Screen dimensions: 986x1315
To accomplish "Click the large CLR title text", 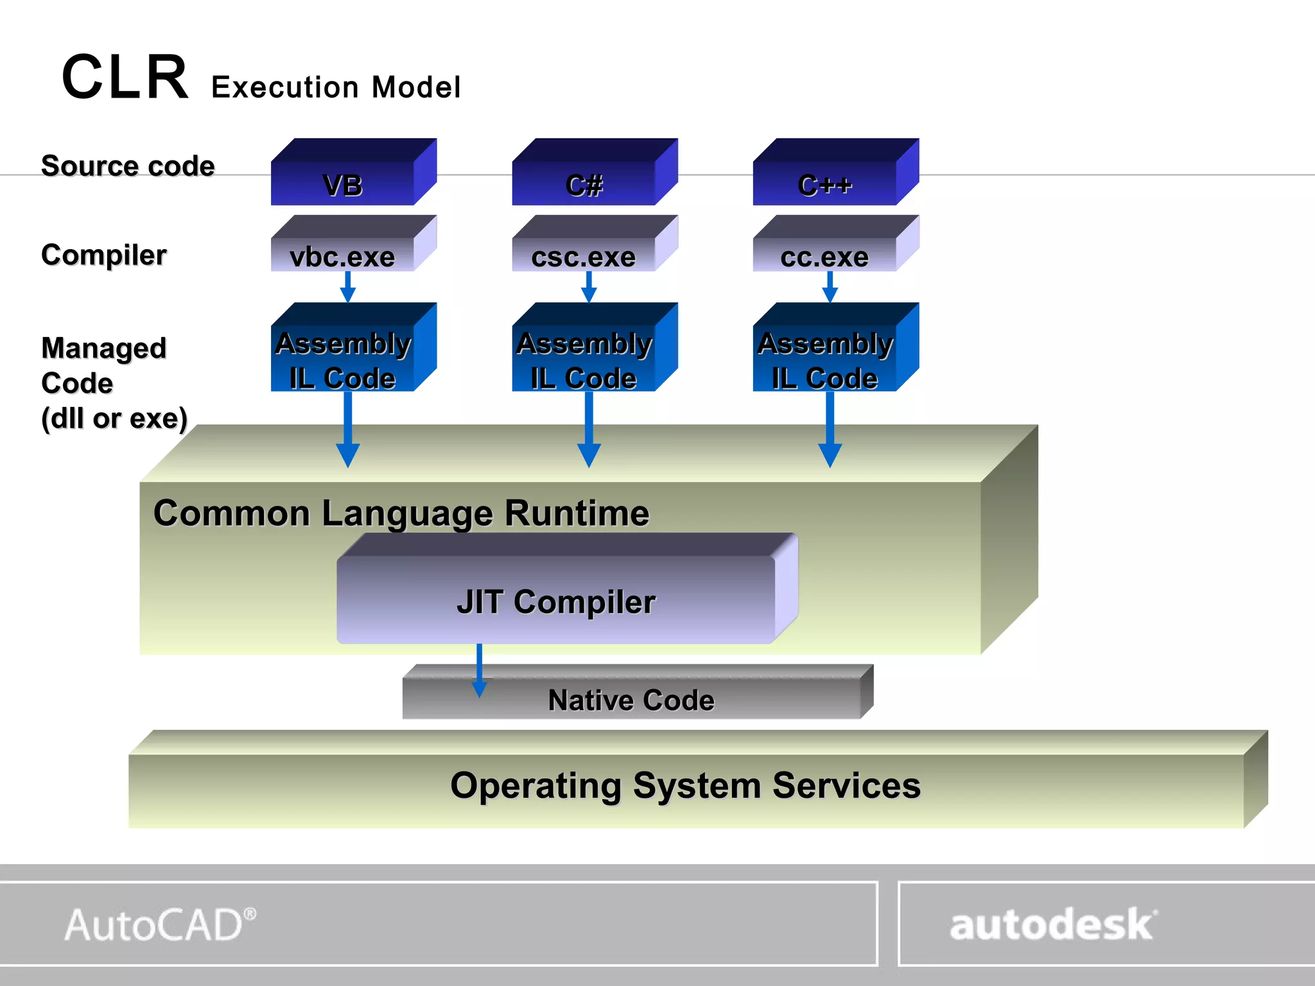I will tap(125, 78).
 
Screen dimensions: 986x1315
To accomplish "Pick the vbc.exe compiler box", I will tap(343, 255).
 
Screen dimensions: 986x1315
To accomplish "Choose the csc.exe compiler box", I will tap(584, 255).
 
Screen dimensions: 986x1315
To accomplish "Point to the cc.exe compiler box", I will tap(824, 255).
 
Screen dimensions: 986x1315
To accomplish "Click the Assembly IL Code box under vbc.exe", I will tap(344, 359).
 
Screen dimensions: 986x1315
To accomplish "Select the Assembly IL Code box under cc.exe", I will tap(826, 359).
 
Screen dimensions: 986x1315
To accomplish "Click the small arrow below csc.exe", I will tap(589, 287).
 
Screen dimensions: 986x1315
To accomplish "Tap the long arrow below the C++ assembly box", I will tap(830, 430).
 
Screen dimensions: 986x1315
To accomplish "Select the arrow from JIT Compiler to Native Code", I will tap(479, 671).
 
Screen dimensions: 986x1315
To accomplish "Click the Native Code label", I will tap(631, 700).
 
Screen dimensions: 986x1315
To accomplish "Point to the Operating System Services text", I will tap(685, 785).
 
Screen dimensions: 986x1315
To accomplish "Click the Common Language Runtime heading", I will tap(401, 514).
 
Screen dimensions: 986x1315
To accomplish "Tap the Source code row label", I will tap(128, 166).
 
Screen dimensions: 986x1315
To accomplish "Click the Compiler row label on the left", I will tap(104, 255).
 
